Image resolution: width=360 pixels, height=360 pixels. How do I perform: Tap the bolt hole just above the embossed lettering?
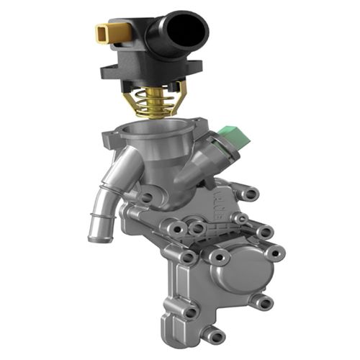pos(250,194)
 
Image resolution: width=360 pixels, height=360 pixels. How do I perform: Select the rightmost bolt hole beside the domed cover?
pos(274,253)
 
